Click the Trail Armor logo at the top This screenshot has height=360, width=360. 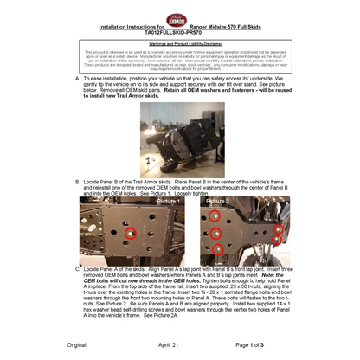click(177, 19)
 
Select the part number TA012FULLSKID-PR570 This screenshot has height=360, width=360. click(179, 34)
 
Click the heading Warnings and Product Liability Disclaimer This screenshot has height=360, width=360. click(179, 42)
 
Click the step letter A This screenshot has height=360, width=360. click(79, 77)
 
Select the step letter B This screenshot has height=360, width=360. click(79, 180)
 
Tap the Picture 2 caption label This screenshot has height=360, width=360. click(219, 202)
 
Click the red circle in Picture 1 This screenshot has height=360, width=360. click(131, 234)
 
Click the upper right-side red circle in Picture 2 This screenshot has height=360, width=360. click(278, 229)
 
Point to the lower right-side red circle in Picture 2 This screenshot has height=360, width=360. click(278, 240)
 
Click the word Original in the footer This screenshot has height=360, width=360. click(76, 345)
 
